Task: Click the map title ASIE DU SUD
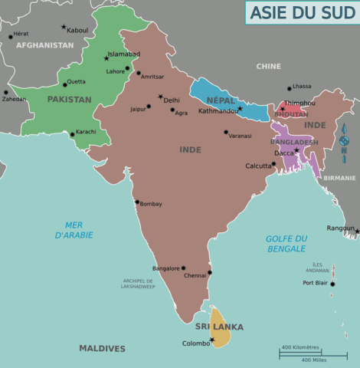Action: click(x=301, y=12)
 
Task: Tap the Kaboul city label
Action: click(x=77, y=30)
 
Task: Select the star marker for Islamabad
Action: click(x=106, y=58)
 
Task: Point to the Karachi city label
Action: click(x=86, y=132)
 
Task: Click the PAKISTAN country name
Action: click(x=69, y=99)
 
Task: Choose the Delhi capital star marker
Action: click(x=160, y=97)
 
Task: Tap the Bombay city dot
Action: click(x=137, y=202)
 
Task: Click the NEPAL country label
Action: click(x=221, y=100)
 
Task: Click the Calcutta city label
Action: click(x=257, y=166)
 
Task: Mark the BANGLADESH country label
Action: click(x=294, y=143)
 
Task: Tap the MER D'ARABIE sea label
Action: click(x=74, y=229)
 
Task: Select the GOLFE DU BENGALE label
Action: click(x=286, y=243)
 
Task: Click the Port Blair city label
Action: click(x=314, y=283)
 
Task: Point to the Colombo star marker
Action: click(x=212, y=340)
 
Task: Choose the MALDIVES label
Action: click(x=102, y=348)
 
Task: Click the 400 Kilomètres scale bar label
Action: click(x=299, y=347)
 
